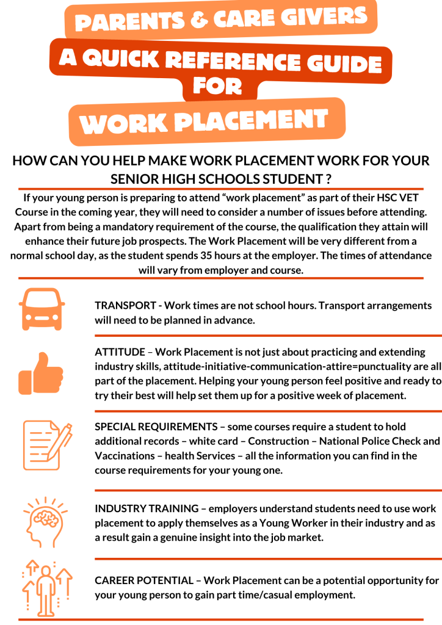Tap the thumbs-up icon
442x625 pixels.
pos(40,373)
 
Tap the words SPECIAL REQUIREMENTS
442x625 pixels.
pos(155,427)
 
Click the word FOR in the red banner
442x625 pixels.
pos(217,86)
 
